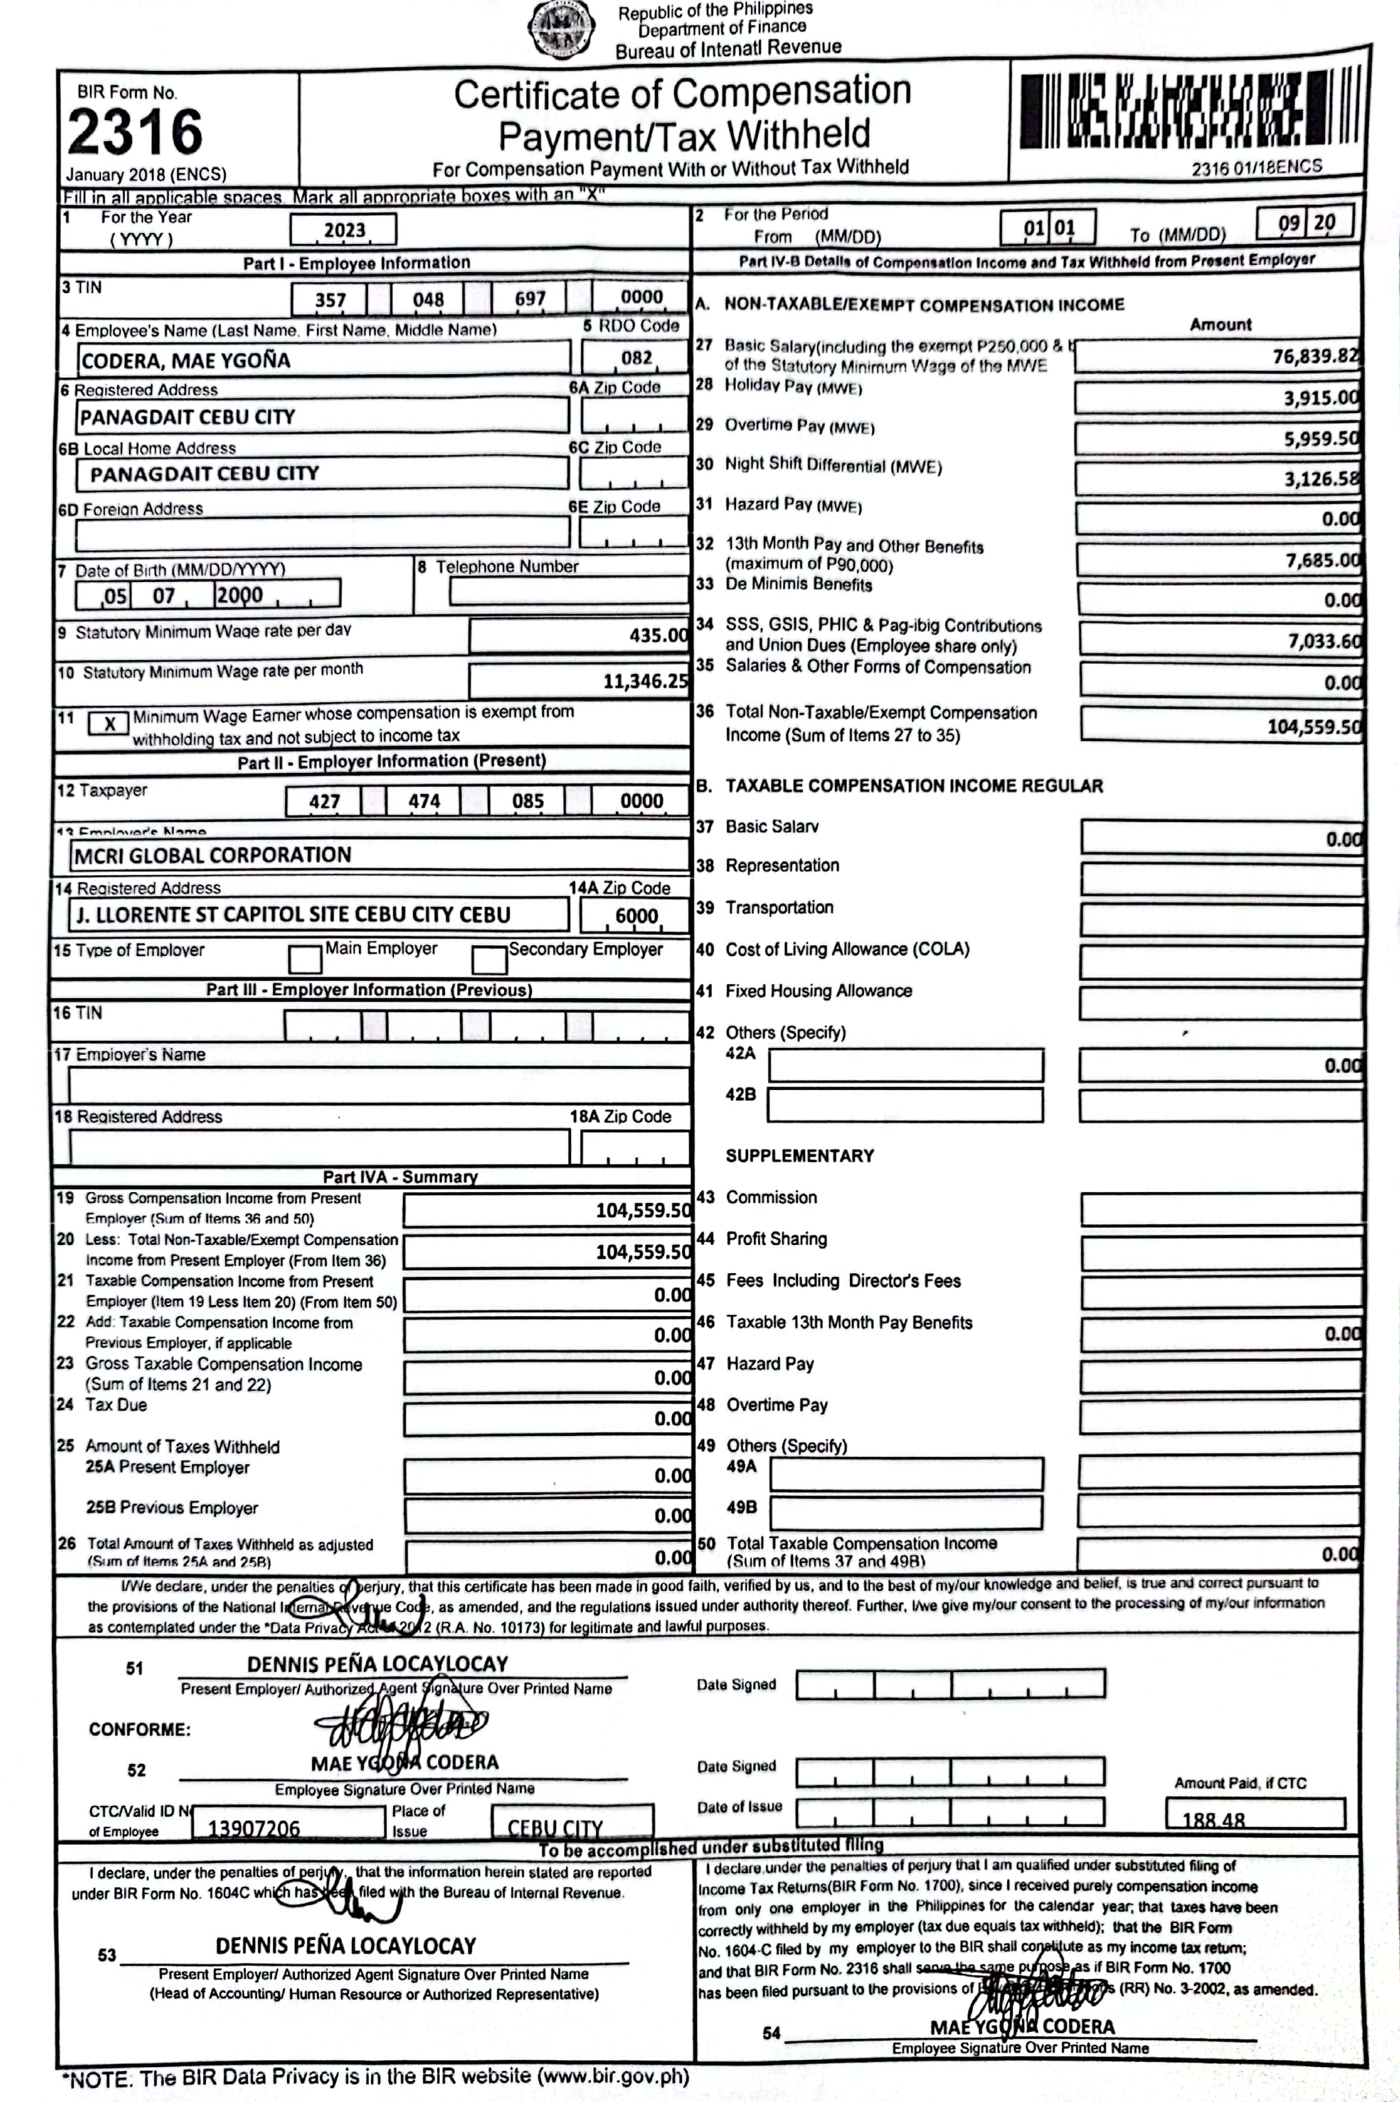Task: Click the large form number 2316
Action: pyautogui.click(x=135, y=132)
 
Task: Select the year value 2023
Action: pyautogui.click(x=344, y=231)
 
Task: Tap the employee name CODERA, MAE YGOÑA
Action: pyautogui.click(x=186, y=361)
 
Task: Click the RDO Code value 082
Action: pyautogui.click(x=636, y=358)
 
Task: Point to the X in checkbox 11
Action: pyautogui.click(x=109, y=723)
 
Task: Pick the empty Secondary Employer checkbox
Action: pyautogui.click(x=489, y=960)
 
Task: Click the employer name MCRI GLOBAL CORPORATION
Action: pyautogui.click(x=213, y=855)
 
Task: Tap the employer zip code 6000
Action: pyautogui.click(x=636, y=916)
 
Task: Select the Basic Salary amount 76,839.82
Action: pyautogui.click(x=1314, y=356)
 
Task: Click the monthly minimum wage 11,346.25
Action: pyautogui.click(x=645, y=681)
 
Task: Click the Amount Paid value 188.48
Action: pyautogui.click(x=1213, y=1819)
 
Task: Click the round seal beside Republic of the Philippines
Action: pyautogui.click(x=561, y=29)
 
